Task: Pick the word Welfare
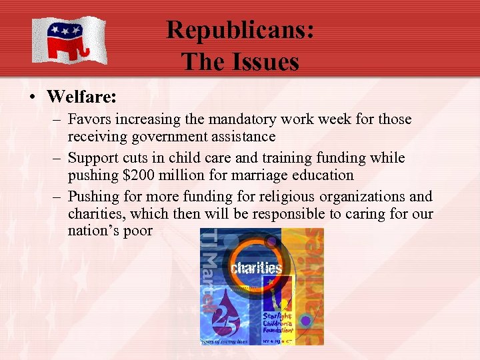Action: point(81,97)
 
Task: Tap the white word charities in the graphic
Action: point(257,269)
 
